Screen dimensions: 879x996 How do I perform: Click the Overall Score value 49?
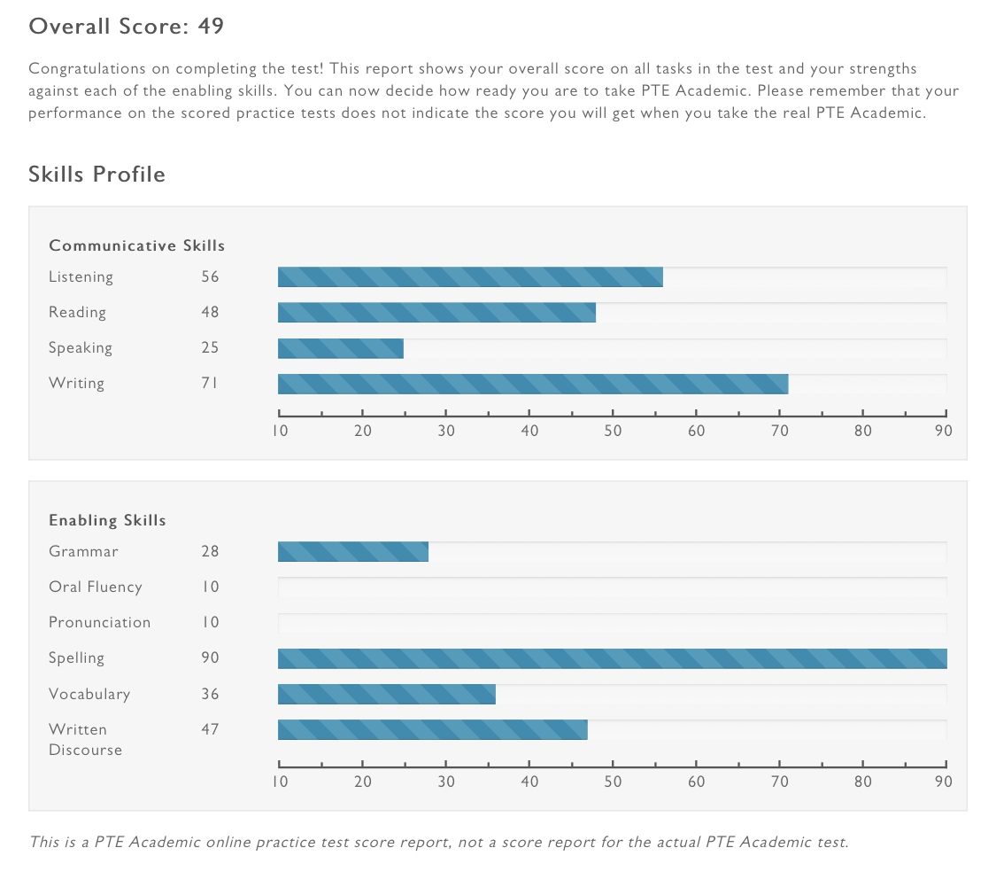tap(211, 27)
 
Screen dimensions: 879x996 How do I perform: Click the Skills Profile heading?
tap(97, 174)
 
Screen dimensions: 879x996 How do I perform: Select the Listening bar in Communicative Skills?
tap(470, 276)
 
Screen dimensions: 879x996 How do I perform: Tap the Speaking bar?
tap(340, 347)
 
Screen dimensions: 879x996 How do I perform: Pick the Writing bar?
tap(532, 383)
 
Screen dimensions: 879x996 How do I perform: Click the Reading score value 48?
tap(210, 312)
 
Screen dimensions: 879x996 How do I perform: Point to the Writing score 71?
tap(210, 383)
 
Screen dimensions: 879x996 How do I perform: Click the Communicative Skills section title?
tap(136, 245)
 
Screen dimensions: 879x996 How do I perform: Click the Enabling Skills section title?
tap(107, 520)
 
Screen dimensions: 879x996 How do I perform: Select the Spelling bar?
tap(612, 657)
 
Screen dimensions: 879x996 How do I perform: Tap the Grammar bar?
tap(352, 551)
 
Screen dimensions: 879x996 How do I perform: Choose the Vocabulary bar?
tap(386, 694)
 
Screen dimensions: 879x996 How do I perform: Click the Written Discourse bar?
tap(432, 729)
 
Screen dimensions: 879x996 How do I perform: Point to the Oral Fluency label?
tap(95, 587)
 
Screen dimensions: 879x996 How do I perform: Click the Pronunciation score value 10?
tap(210, 622)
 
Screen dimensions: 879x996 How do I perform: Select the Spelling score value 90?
tap(210, 657)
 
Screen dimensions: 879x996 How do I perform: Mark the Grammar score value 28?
tap(210, 551)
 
